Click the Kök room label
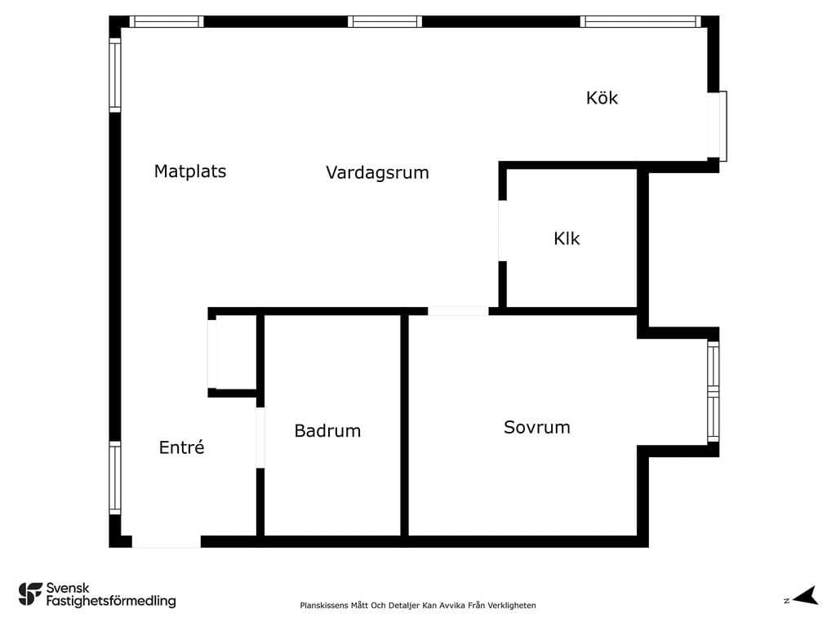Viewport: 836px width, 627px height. (602, 98)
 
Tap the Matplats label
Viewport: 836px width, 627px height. (189, 171)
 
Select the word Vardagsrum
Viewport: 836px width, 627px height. (377, 173)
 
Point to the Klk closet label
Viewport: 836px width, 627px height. (567, 238)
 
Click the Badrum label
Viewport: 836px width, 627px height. (327, 431)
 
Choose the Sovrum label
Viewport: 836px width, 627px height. (537, 427)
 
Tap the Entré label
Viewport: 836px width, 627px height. (181, 447)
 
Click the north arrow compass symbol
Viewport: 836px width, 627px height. (806, 596)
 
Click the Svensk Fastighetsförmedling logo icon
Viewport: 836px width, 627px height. (30, 594)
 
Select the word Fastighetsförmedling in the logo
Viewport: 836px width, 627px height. (111, 602)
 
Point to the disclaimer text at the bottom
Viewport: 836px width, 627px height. (417, 605)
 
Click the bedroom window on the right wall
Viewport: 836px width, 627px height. (714, 392)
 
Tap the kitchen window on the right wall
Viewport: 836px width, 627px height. (717, 126)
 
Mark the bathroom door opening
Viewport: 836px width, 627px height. (260, 438)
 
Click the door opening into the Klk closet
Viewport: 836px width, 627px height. (502, 231)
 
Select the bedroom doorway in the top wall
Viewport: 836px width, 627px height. (458, 311)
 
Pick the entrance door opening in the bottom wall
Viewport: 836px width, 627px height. (167, 542)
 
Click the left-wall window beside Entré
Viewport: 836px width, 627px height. (114, 478)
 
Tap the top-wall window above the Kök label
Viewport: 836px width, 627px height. (640, 21)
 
